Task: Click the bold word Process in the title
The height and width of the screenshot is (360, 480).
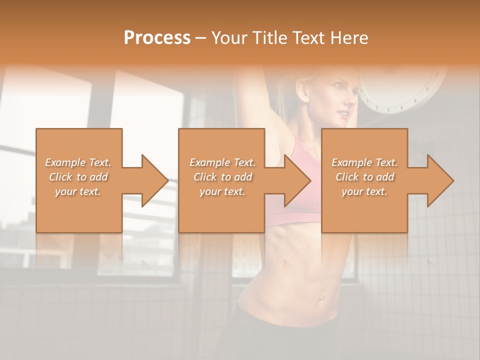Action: (157, 37)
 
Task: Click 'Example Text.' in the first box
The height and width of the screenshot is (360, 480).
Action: (78, 162)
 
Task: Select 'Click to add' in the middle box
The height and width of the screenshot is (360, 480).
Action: (222, 177)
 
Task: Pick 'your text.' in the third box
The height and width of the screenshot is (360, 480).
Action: (364, 191)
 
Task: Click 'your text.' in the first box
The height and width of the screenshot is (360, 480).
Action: (78, 191)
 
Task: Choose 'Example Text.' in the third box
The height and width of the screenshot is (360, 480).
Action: (364, 162)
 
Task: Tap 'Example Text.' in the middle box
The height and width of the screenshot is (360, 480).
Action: (222, 162)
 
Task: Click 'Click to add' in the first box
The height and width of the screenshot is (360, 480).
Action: (78, 177)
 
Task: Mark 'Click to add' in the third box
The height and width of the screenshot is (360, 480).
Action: (364, 177)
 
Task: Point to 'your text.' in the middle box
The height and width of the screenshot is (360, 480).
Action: (222, 191)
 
